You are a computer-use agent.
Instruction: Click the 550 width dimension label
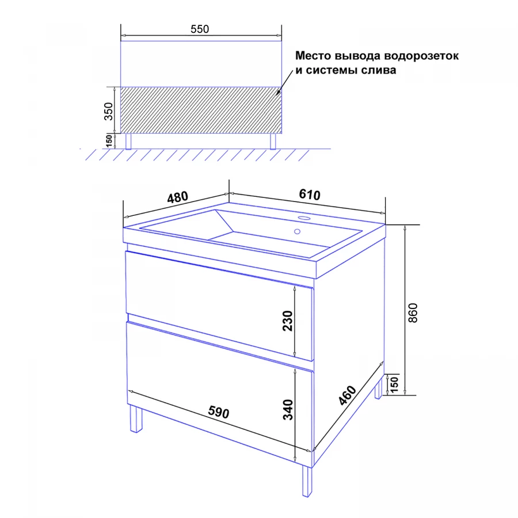click(x=200, y=29)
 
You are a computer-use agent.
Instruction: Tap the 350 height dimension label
click(x=109, y=111)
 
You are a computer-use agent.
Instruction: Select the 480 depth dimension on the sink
click(x=178, y=197)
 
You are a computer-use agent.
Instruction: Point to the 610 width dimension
click(x=310, y=195)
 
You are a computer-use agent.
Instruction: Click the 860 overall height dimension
click(x=413, y=313)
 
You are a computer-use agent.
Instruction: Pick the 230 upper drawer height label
click(x=288, y=321)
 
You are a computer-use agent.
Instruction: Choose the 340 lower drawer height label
click(x=288, y=410)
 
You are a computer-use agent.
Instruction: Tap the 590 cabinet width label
click(x=218, y=412)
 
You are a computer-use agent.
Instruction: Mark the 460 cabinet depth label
click(x=348, y=395)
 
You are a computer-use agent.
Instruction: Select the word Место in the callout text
click(x=313, y=55)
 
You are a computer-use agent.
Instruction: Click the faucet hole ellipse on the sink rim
click(x=303, y=218)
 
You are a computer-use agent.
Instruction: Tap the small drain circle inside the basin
click(x=298, y=231)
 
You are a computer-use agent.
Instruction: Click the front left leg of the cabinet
click(x=136, y=419)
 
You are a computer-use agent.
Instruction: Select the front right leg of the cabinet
click(x=307, y=481)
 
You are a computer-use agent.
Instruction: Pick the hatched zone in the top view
click(x=201, y=110)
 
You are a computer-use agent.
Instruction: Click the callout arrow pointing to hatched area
click(x=285, y=82)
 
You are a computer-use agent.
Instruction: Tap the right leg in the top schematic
click(x=273, y=142)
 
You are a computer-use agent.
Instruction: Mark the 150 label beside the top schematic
click(x=109, y=141)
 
